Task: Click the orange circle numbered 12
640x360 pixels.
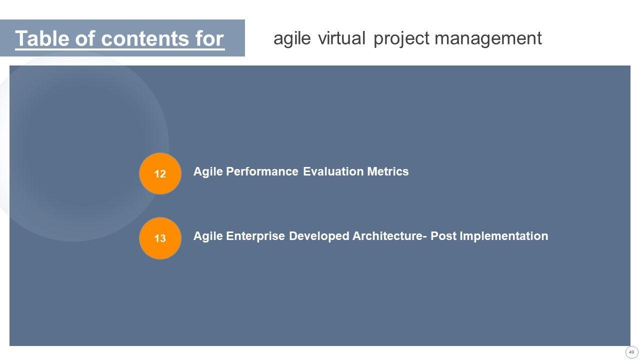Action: (160, 173)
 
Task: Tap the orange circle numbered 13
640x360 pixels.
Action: (160, 238)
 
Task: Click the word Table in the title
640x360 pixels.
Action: (42, 38)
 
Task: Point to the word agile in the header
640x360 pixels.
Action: (292, 39)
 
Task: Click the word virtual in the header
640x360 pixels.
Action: (341, 38)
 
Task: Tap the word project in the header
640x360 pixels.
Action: (401, 39)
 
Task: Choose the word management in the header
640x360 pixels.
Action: (488, 39)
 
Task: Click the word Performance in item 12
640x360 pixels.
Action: (262, 171)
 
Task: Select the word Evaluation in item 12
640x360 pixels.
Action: (333, 171)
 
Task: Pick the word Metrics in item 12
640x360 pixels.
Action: (387, 171)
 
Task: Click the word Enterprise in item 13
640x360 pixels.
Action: (255, 236)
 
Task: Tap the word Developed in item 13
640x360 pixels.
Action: (319, 236)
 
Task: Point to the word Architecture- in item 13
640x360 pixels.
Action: (389, 236)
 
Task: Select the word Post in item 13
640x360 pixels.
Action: (443, 236)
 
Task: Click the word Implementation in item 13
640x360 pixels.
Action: (504, 236)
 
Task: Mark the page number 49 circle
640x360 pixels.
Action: (631, 352)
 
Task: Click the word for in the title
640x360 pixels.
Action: (210, 38)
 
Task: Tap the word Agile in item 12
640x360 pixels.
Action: (208, 171)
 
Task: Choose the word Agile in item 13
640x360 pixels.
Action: (208, 236)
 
